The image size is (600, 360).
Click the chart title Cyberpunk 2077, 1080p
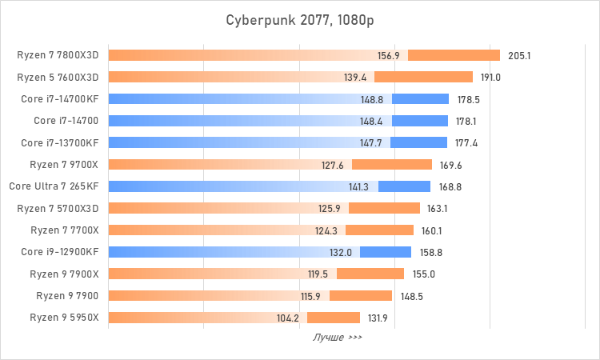tap(299, 19)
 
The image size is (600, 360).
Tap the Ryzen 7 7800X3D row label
tap(58, 56)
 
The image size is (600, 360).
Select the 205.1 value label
tap(519, 56)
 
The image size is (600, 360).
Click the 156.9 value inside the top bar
tap(389, 56)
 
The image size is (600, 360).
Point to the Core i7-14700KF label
tap(60, 99)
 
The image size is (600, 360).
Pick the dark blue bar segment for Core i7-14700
tap(420, 121)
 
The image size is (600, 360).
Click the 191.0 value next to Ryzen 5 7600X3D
tap(490, 78)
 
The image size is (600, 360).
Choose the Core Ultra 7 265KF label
tap(54, 186)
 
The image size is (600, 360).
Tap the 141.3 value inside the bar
tap(359, 186)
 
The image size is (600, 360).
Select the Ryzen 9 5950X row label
tap(64, 317)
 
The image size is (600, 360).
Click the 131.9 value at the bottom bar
tap(379, 317)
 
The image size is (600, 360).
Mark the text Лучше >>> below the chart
tap(337, 338)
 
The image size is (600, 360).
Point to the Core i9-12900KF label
tap(60, 252)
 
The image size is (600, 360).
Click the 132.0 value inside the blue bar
tap(341, 252)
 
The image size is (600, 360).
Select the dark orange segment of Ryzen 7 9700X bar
tap(391, 165)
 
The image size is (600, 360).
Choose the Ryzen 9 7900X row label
tap(64, 274)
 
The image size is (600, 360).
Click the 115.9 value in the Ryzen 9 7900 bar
tap(310, 295)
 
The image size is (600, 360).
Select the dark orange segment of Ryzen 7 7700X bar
tap(379, 230)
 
